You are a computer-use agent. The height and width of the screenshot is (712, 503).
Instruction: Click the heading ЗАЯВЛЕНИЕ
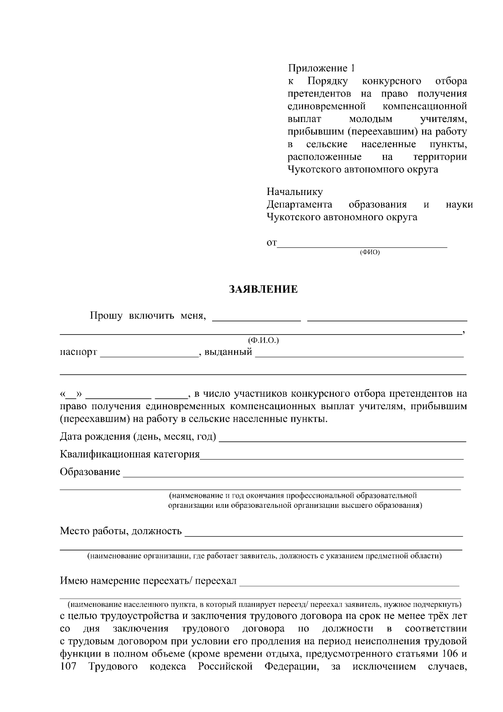(x=263, y=289)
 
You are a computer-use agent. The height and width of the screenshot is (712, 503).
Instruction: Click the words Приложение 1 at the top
(x=321, y=68)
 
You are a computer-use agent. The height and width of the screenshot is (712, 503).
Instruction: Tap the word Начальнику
(x=295, y=192)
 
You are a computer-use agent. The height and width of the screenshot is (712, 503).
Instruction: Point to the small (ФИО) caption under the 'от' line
(x=370, y=252)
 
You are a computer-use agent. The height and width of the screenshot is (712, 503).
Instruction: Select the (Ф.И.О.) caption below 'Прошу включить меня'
(x=263, y=340)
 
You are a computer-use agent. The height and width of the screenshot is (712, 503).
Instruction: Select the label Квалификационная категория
(x=130, y=455)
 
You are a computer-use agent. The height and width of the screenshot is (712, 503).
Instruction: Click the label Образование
(x=90, y=472)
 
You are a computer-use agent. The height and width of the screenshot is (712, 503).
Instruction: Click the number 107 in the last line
(x=68, y=667)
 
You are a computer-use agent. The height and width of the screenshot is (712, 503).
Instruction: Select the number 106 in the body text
(x=451, y=654)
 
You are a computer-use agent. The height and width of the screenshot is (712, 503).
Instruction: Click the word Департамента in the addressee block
(x=299, y=205)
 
